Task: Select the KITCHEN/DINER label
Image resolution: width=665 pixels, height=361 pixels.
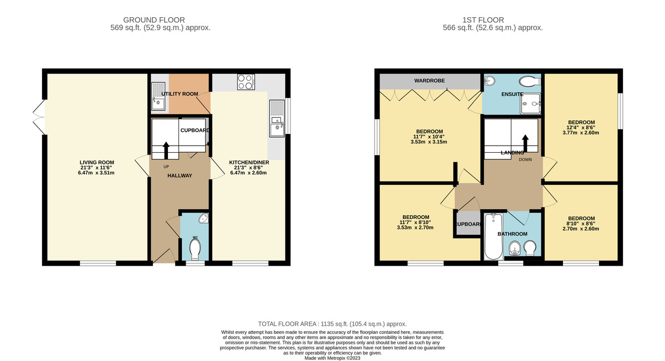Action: (x=248, y=163)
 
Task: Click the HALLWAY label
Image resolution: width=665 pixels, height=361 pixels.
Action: (x=180, y=176)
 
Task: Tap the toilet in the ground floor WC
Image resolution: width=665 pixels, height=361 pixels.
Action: (x=195, y=250)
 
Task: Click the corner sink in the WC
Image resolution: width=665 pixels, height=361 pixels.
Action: (x=203, y=219)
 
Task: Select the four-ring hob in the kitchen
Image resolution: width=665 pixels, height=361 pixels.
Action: (x=245, y=82)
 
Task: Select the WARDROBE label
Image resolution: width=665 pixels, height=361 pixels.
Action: (x=429, y=81)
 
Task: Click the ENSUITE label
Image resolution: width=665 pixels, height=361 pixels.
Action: (x=512, y=95)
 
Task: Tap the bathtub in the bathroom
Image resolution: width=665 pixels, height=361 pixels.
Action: (x=492, y=238)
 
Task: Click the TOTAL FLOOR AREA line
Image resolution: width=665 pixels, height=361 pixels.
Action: (x=332, y=324)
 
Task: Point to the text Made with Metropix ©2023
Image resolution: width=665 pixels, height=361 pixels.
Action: (x=332, y=358)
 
